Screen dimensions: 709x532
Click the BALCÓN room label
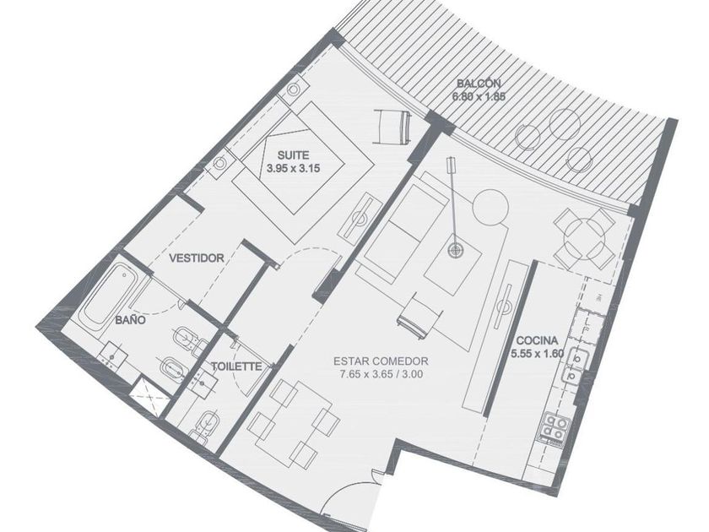(479, 84)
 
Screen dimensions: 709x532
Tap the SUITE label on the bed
(294, 155)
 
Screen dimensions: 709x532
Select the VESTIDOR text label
(196, 258)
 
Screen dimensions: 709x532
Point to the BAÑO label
(130, 320)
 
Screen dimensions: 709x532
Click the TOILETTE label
(236, 366)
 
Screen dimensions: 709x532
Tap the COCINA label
(537, 340)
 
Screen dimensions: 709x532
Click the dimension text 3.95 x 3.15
(294, 169)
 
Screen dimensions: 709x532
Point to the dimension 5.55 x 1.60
(537, 353)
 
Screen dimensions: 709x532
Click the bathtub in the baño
(106, 295)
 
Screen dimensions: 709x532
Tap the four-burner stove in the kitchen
(554, 427)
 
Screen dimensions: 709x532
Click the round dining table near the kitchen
(584, 239)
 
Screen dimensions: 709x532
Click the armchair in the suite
(392, 128)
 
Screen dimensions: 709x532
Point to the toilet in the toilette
(206, 425)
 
